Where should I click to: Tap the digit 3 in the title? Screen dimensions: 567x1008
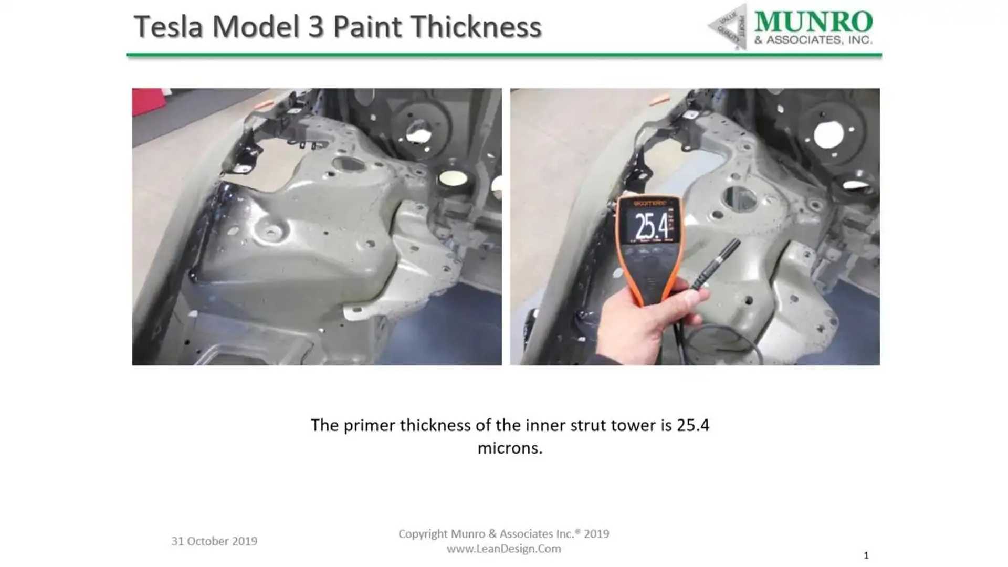[316, 27]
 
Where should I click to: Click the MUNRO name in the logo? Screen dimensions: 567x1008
[813, 22]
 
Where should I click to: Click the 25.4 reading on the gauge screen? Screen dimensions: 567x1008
[652, 226]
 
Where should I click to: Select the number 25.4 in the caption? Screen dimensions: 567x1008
[693, 425]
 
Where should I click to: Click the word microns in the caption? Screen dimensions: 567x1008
[509, 448]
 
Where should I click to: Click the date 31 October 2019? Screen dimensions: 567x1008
[214, 541]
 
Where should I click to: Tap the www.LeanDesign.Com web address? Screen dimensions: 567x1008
[503, 549]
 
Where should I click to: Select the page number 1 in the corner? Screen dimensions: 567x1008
[866, 555]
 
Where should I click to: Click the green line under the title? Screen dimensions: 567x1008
[504, 54]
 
